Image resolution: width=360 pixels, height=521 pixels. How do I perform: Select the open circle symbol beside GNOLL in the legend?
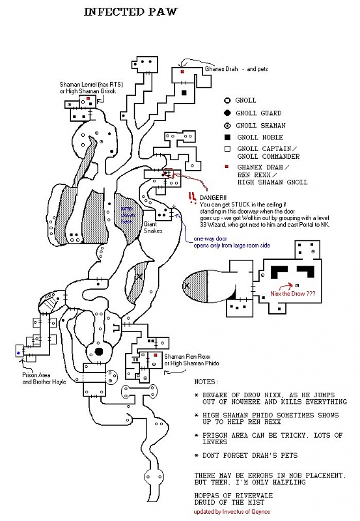tap(227, 101)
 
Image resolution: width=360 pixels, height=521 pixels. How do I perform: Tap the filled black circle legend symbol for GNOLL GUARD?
tap(227, 113)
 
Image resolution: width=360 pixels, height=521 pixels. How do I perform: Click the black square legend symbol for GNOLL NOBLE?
tap(227, 138)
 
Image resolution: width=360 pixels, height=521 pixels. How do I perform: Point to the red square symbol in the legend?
tap(227, 167)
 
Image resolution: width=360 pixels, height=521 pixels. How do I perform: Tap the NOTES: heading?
tap(206, 382)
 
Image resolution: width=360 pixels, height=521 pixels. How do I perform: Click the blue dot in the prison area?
tap(19, 352)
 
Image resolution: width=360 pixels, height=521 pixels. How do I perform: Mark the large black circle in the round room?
tap(99, 352)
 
